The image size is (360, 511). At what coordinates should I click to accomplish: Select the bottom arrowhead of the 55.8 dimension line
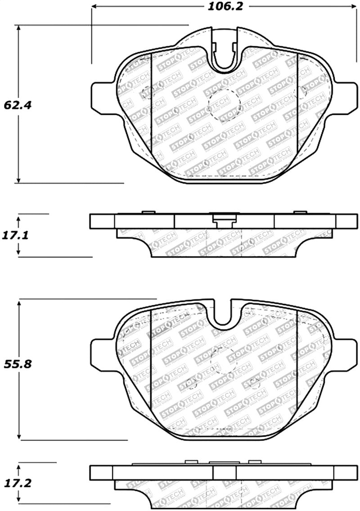[19, 436]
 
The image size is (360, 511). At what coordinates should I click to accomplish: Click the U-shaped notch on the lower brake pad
[225, 315]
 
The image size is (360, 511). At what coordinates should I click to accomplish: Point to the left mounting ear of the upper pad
[103, 97]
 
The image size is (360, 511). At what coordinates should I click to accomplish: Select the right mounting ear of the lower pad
[346, 353]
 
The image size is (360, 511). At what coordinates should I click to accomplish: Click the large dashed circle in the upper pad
[225, 105]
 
